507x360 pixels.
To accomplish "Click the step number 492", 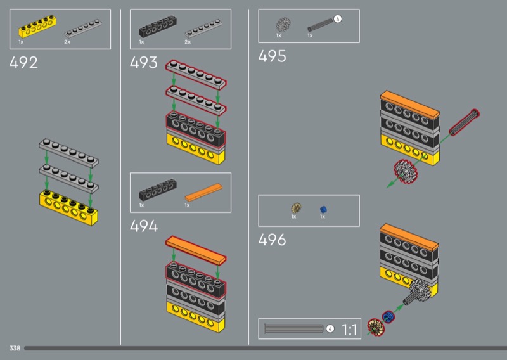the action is point(23,63).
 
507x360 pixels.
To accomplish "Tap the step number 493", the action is point(144,62).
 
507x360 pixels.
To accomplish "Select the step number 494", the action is point(144,226).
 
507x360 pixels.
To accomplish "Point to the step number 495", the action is point(272,56).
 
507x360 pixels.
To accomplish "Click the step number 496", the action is point(272,240).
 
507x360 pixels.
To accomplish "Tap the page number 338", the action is point(15,348).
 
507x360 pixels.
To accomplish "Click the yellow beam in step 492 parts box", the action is point(37,27).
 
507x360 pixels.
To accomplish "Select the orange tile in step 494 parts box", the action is point(203,192).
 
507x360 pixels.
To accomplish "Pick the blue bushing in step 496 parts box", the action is point(323,210).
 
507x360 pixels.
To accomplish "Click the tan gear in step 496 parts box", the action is point(296,208).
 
